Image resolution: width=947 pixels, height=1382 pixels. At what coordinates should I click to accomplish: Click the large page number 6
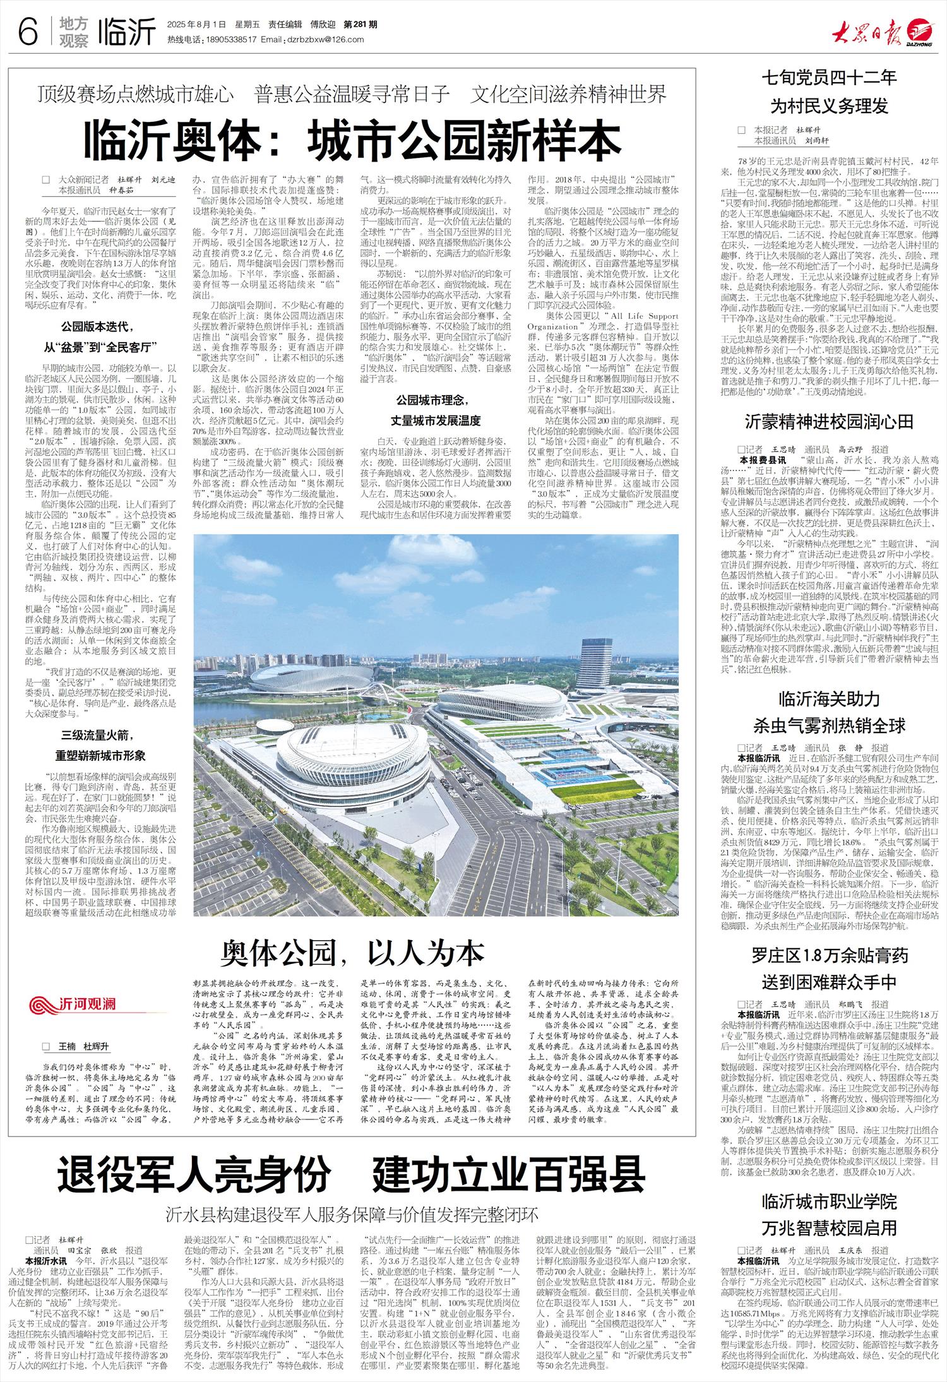(28, 32)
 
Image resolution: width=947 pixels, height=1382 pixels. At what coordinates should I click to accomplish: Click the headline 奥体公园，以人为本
(352, 953)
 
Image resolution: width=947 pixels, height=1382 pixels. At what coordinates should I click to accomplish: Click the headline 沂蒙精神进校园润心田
(829, 422)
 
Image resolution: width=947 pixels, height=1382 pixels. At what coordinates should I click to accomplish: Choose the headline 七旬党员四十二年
(829, 78)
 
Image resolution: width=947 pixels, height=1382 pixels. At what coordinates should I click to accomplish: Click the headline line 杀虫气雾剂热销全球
(829, 725)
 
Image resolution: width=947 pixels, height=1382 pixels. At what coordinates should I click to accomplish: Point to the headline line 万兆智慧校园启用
(829, 1229)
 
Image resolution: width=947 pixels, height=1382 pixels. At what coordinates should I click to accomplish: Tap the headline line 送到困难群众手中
(829, 982)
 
